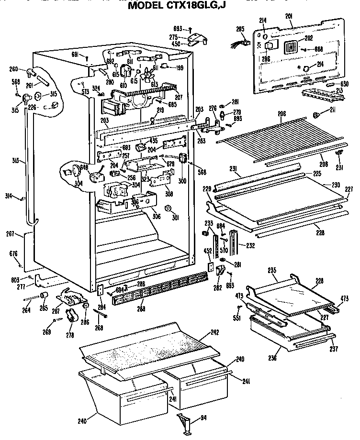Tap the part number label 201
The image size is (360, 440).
(289, 16)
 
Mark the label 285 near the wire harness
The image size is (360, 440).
(240, 29)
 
